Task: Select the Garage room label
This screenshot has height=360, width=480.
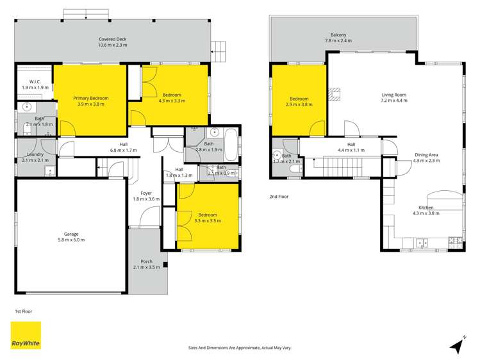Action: pyautogui.click(x=70, y=237)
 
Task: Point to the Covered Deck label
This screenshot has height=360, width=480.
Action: pyautogui.click(x=112, y=42)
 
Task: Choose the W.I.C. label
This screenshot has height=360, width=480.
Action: pyautogui.click(x=31, y=84)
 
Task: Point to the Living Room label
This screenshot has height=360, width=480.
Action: pyautogui.click(x=394, y=98)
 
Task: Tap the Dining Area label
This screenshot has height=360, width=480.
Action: pyautogui.click(x=426, y=158)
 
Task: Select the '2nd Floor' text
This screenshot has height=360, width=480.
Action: pyautogui.click(x=279, y=197)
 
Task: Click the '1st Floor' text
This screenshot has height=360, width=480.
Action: pyautogui.click(x=23, y=311)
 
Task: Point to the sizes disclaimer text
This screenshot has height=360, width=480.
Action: pyautogui.click(x=240, y=347)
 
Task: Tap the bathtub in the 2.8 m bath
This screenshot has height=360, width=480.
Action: pyautogui.click(x=229, y=136)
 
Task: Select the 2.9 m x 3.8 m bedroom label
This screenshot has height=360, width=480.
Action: pyautogui.click(x=299, y=102)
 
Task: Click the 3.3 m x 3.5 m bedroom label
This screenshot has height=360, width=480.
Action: pyautogui.click(x=207, y=217)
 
